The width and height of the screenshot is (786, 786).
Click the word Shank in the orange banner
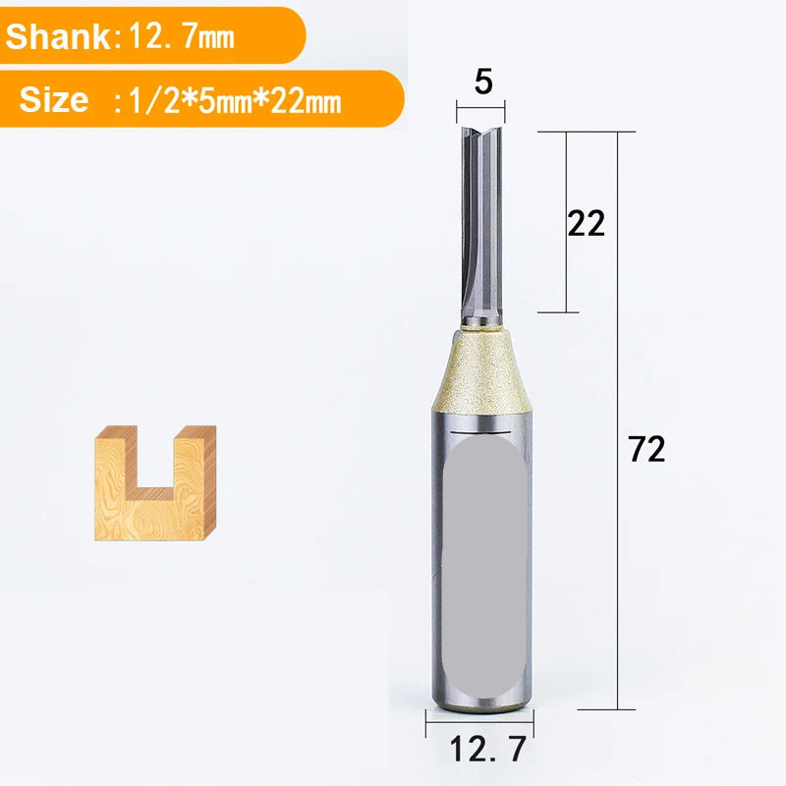point(57,36)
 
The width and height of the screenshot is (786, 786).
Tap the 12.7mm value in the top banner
point(182,36)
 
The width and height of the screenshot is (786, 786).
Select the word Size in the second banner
point(54,99)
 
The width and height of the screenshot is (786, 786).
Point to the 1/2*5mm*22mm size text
point(235,101)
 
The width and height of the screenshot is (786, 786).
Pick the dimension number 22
point(586,223)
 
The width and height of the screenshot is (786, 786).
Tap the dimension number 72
point(647,449)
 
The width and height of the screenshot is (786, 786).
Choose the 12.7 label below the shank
point(487,749)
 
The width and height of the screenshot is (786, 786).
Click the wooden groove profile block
point(155,482)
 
